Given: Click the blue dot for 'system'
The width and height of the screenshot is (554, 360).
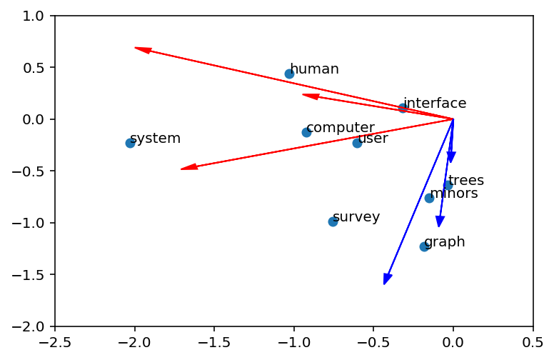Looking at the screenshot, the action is [130, 143].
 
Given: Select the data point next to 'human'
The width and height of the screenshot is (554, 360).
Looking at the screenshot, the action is [289, 74].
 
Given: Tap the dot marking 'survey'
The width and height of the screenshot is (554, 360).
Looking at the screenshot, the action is [333, 221].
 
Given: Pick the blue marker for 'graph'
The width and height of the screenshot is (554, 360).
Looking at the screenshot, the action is [424, 246].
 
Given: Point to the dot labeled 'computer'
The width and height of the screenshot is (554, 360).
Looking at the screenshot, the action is [306, 132].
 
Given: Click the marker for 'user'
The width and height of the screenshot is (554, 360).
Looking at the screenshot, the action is [357, 143].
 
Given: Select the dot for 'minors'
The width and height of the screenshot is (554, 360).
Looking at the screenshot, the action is [429, 198].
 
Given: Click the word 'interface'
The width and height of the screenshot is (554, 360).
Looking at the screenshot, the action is [435, 103].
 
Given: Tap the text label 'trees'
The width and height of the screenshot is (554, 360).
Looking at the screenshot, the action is [466, 180].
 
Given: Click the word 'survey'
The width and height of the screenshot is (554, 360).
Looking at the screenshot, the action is [356, 216].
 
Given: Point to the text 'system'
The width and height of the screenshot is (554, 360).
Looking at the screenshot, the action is [156, 139].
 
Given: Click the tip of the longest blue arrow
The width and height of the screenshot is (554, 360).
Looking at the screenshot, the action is [384, 284].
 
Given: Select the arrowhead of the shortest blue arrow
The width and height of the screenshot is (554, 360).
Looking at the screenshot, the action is [450, 163].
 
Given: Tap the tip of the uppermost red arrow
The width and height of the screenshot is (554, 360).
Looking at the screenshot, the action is [135, 47].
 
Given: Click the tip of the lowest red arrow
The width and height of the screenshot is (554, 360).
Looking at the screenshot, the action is [181, 169].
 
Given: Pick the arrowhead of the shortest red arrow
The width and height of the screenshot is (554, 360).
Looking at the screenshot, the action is [303, 94].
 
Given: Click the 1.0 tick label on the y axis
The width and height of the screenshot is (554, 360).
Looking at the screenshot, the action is [34, 16].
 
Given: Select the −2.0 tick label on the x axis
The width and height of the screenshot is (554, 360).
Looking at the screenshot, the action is [135, 342].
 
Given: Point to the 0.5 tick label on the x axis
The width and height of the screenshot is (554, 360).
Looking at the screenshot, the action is [533, 342].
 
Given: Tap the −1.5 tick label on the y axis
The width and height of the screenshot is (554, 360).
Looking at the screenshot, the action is [28, 274].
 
